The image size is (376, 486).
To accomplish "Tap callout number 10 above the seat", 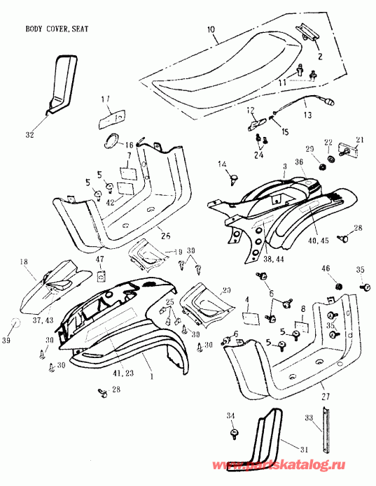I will tap(211, 29).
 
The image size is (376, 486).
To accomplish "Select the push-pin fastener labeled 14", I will tap(232, 179).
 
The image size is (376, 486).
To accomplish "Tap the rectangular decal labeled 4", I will tap(252, 317).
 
